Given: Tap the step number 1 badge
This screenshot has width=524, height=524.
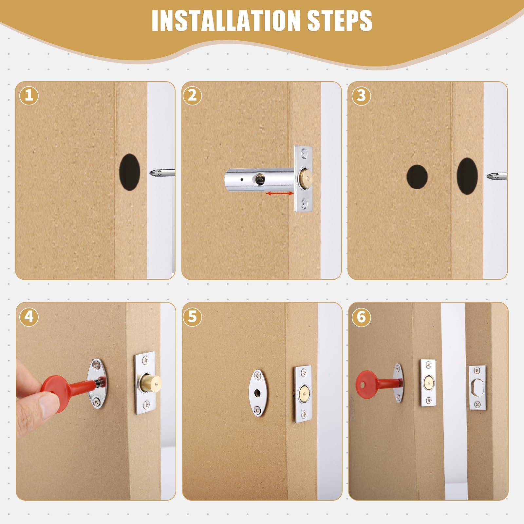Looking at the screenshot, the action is [x=29, y=95].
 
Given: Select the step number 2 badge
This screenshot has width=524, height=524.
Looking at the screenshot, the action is [x=192, y=95].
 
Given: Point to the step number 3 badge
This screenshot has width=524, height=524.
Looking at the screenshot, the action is [x=361, y=96].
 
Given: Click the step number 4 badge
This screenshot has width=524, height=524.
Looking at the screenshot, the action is [x=29, y=317].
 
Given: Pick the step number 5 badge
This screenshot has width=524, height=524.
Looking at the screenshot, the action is [x=192, y=317].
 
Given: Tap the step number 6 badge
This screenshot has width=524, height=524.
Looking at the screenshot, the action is [x=361, y=317].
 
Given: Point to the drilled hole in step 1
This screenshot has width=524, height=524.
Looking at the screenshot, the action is [x=129, y=172].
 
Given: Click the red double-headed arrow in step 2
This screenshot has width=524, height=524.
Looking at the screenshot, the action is [x=279, y=194].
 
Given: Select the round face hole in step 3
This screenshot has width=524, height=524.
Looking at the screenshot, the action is [x=417, y=177].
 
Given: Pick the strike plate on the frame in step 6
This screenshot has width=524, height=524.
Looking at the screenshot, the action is [x=477, y=388].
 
